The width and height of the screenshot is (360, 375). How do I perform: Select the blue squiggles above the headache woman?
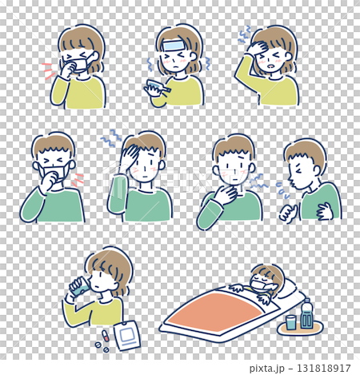246,34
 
